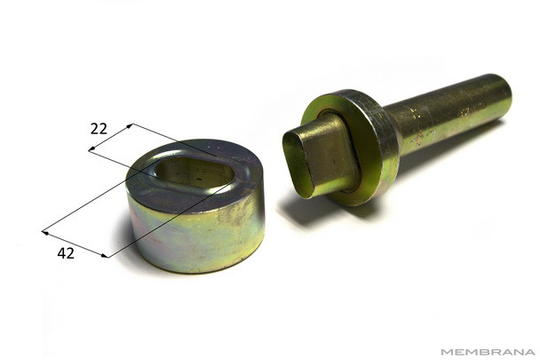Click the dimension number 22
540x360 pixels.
(x=99, y=129)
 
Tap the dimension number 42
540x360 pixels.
(x=66, y=253)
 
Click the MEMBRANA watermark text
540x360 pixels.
(x=488, y=352)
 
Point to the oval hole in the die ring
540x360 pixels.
(x=195, y=172)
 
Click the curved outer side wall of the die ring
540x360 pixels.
(x=196, y=238)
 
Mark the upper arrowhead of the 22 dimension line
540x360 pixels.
(x=130, y=126)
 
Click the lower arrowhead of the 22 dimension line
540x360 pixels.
(x=91, y=149)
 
